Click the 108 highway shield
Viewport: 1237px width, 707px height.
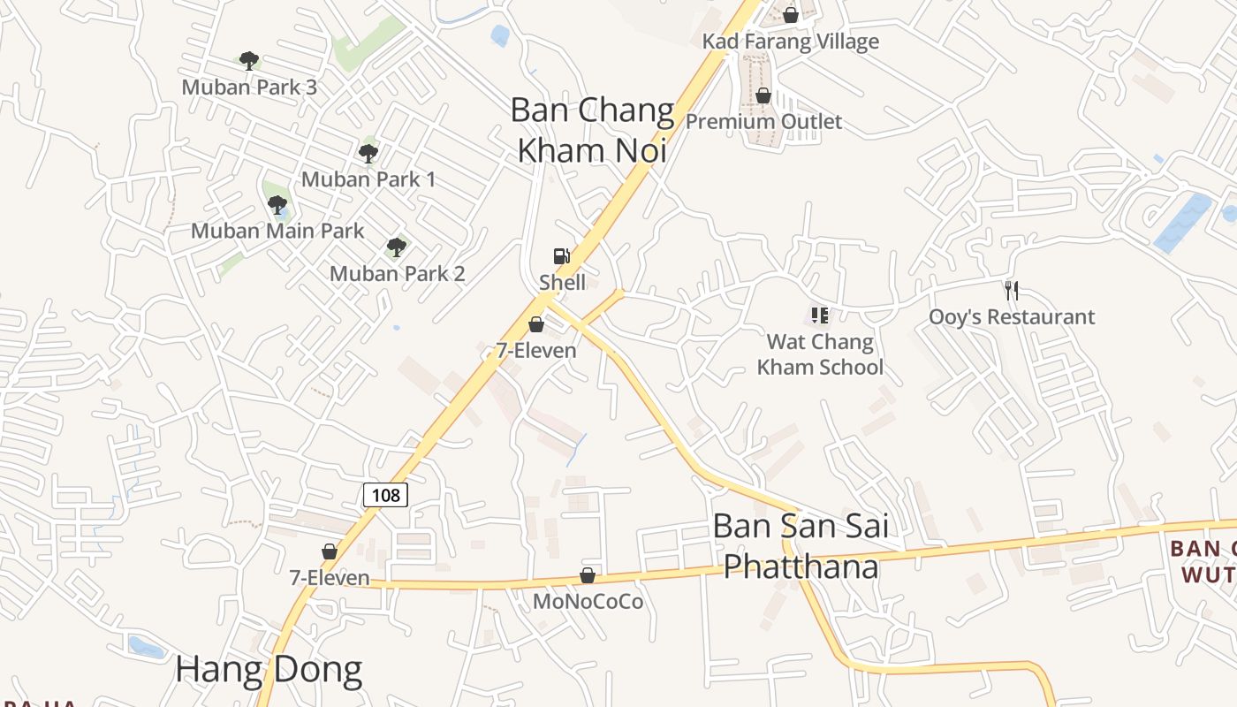pos(386,494)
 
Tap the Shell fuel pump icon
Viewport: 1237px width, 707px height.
pos(561,257)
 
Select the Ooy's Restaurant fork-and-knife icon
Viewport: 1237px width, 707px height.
pos(1012,289)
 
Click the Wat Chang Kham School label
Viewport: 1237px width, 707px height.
pos(820,354)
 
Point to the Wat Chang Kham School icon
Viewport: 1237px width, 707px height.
pos(819,315)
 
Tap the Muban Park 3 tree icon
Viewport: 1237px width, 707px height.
pos(249,60)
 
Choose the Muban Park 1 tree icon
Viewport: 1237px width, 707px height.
pos(368,153)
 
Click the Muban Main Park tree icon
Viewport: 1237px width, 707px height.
pos(277,205)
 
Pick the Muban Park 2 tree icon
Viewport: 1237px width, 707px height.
pos(397,247)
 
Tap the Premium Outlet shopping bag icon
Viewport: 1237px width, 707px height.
pos(763,95)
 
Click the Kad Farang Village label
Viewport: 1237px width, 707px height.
pos(791,42)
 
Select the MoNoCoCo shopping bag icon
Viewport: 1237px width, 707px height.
pos(588,576)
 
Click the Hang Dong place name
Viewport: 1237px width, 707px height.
pos(269,670)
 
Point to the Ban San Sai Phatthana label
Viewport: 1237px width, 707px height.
pos(801,546)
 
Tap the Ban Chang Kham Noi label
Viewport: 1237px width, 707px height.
pos(592,130)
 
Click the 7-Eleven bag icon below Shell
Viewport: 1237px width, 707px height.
pos(535,324)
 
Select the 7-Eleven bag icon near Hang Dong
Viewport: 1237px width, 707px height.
pos(330,552)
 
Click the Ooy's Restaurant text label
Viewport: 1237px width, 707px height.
pos(1012,316)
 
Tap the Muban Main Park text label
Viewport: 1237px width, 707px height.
pos(277,231)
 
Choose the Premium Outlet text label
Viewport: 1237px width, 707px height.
pos(764,121)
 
